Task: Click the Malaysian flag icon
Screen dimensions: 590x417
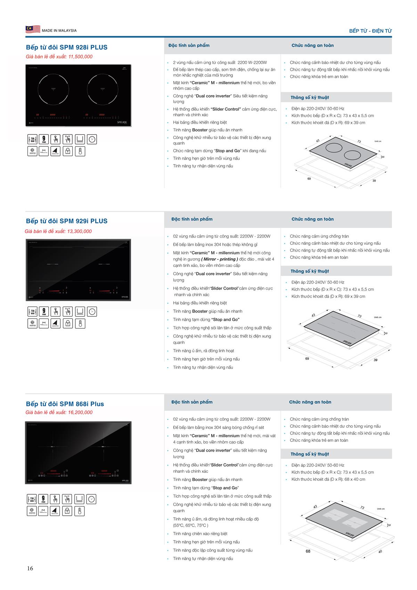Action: tap(33, 30)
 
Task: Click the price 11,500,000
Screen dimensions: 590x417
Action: tap(81, 57)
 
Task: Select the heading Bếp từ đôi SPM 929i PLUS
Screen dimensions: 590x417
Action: tap(67, 221)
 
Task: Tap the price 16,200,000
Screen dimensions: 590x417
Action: tap(81, 412)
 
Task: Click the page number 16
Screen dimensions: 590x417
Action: tap(30, 568)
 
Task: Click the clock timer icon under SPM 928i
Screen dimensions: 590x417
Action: tap(92, 139)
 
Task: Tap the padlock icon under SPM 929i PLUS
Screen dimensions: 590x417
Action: tap(68, 323)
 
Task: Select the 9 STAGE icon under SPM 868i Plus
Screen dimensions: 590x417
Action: tap(43, 499)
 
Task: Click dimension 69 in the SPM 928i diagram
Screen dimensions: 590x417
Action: tap(309, 179)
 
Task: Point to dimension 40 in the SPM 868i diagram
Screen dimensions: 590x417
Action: tap(380, 552)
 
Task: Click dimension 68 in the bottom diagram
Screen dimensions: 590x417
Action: tap(308, 551)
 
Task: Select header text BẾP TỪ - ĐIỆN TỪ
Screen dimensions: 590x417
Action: tap(370, 31)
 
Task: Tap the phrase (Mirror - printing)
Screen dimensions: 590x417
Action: tap(219, 259)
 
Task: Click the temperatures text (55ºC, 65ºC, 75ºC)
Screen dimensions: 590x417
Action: tap(191, 525)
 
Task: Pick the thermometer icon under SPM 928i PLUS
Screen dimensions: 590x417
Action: tap(80, 151)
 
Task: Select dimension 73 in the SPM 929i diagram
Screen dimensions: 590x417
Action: tap(359, 316)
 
